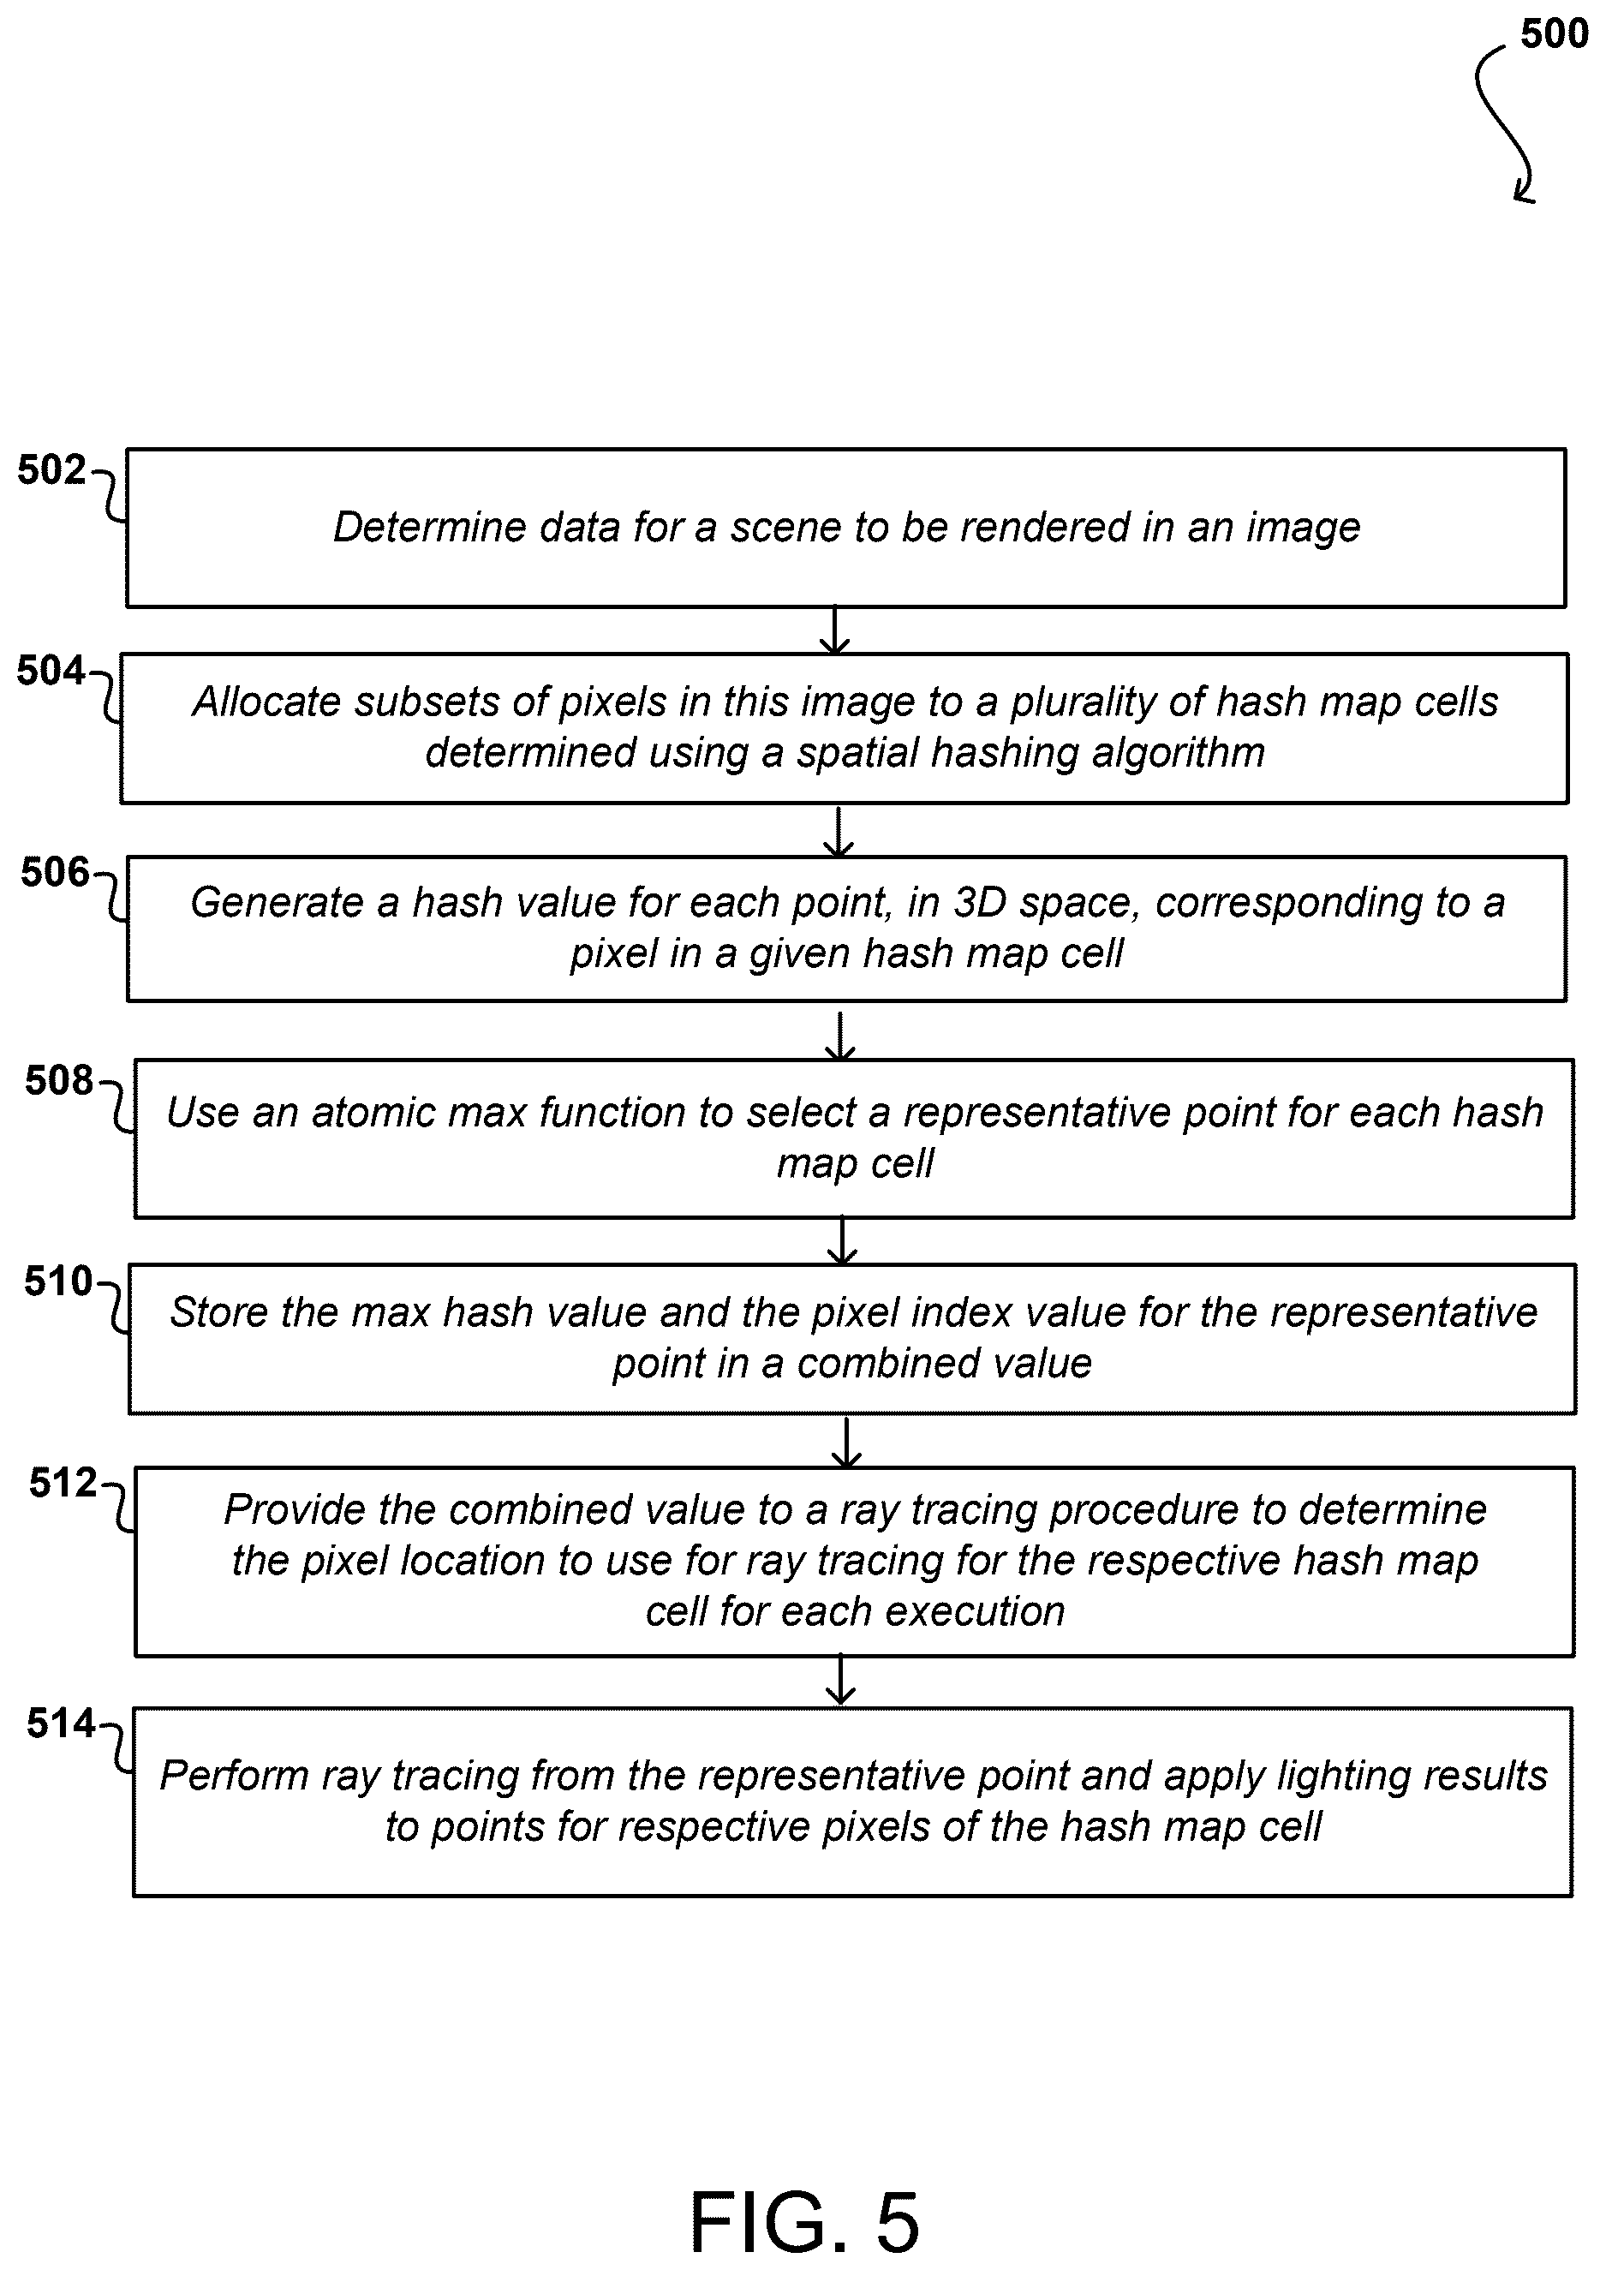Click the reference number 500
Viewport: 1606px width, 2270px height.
coord(1555,33)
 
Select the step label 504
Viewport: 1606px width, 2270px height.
coord(51,671)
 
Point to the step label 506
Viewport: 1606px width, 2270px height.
coord(56,871)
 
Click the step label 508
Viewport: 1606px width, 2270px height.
coord(59,1080)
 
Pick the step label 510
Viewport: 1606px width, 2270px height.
coord(58,1281)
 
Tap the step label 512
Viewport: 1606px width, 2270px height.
coord(63,1483)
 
